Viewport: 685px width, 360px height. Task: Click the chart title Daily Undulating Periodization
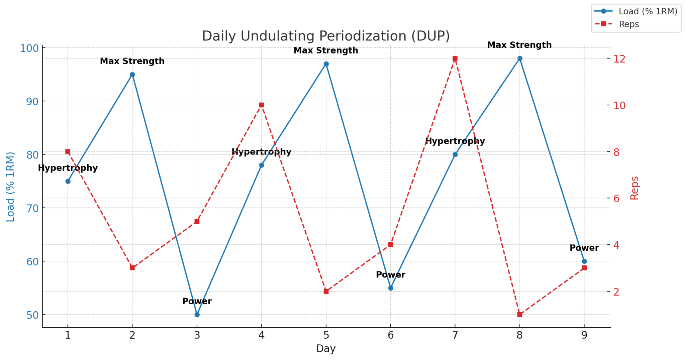click(326, 36)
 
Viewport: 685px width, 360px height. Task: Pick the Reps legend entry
click(629, 24)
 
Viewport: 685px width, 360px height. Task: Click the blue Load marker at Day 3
click(197, 315)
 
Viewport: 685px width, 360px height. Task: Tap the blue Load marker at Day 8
click(520, 58)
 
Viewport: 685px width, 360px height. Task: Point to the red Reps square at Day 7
click(455, 58)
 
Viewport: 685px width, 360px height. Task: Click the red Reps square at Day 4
click(262, 105)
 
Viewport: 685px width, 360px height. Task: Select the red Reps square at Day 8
click(520, 315)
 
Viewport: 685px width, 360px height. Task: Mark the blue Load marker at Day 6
click(391, 288)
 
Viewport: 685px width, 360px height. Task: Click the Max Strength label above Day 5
click(326, 50)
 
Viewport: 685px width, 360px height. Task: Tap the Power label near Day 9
click(584, 248)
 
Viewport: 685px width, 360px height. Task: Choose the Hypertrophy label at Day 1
click(68, 168)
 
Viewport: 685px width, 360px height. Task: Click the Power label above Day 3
click(197, 301)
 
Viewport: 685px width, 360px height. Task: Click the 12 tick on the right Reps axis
click(619, 59)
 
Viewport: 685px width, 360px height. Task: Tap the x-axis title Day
click(326, 349)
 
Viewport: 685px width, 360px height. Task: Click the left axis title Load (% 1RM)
click(11, 187)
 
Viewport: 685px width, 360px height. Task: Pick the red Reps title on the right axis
click(634, 188)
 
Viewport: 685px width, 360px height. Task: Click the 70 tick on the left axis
click(32, 208)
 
